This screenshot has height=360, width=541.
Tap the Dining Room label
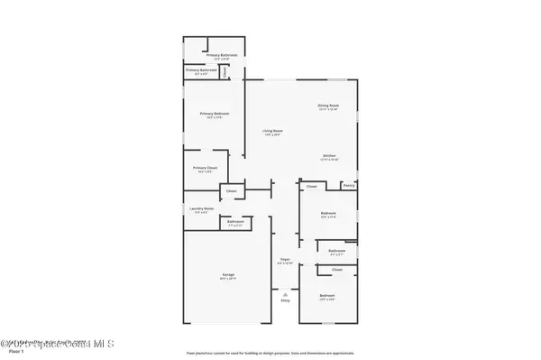click(x=327, y=105)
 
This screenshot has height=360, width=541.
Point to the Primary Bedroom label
click(x=214, y=114)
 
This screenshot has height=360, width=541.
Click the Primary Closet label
click(x=205, y=167)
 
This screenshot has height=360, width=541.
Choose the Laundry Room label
click(x=201, y=208)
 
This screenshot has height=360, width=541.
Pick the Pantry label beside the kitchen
click(x=348, y=185)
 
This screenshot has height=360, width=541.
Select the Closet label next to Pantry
click(x=311, y=187)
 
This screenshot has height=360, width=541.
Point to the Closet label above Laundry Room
click(x=231, y=190)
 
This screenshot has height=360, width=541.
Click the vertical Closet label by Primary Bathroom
click(x=236, y=69)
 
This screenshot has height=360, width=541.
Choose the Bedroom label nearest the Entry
click(x=326, y=295)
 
